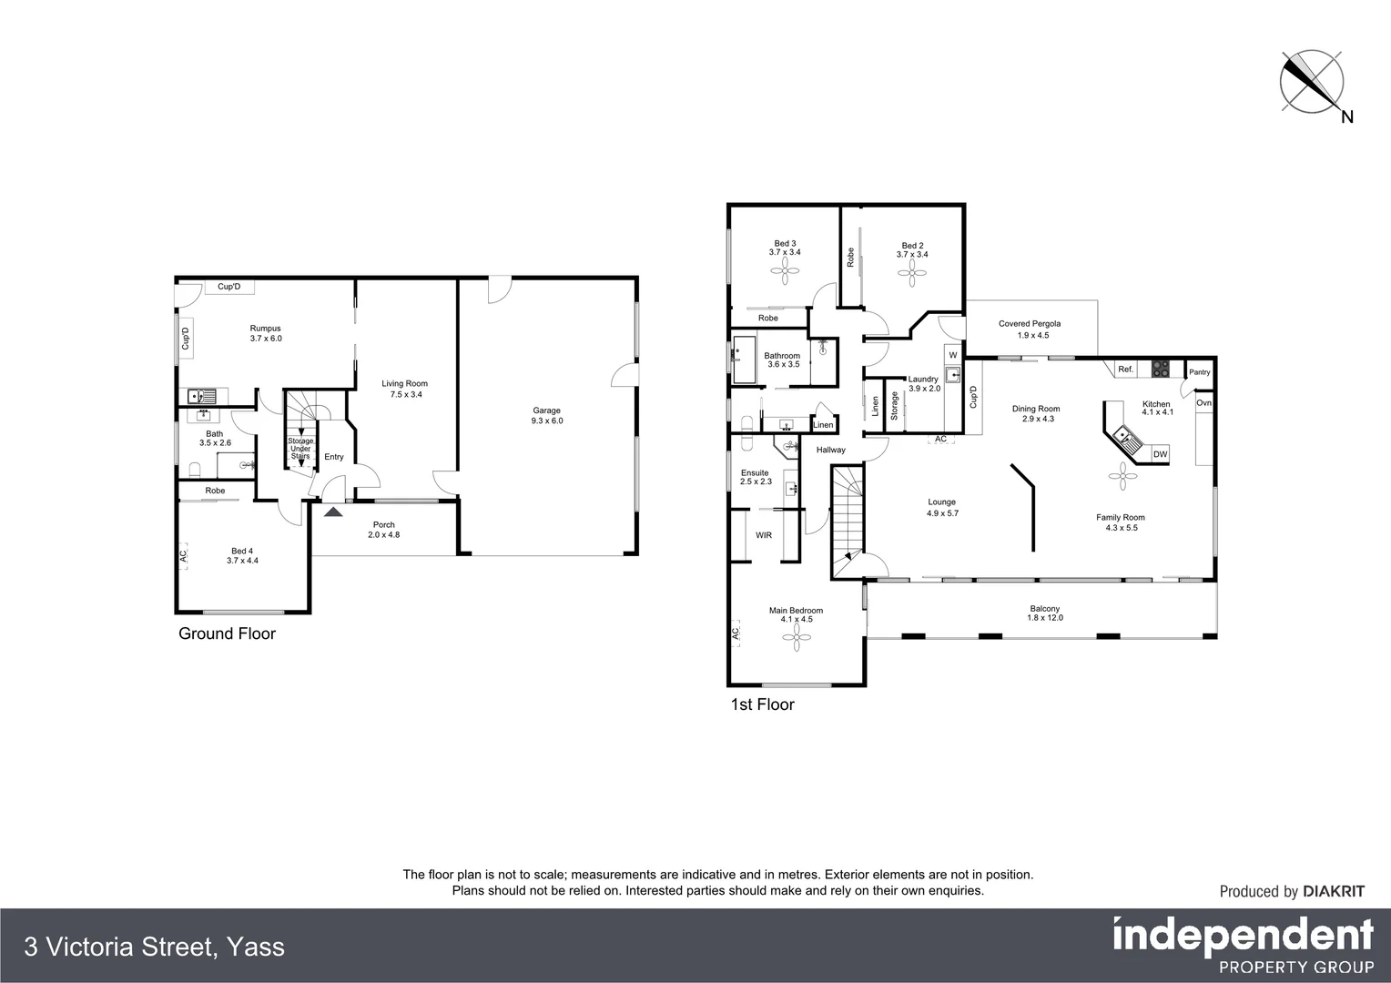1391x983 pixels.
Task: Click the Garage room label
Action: click(x=547, y=416)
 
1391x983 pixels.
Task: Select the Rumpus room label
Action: click(x=266, y=333)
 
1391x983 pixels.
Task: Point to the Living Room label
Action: click(x=404, y=389)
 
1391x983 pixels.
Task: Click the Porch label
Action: click(x=383, y=529)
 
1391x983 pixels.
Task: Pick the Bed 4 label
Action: click(x=242, y=555)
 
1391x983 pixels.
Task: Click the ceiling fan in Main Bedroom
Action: click(x=797, y=641)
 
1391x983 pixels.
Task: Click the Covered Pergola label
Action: click(x=1030, y=329)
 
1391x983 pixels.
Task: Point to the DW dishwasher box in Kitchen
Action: click(x=1160, y=454)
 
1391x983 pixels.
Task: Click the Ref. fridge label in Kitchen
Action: click(x=1125, y=370)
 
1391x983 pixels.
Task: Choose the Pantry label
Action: click(x=1200, y=372)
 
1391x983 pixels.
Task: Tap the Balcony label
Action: click(x=1044, y=613)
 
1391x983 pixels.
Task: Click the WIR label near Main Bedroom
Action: click(x=764, y=535)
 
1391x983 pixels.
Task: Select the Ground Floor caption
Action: click(x=227, y=633)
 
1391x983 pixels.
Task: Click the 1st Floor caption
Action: click(x=763, y=704)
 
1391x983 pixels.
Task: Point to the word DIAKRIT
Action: click(x=1334, y=892)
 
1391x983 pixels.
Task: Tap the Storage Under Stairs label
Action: click(x=300, y=449)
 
